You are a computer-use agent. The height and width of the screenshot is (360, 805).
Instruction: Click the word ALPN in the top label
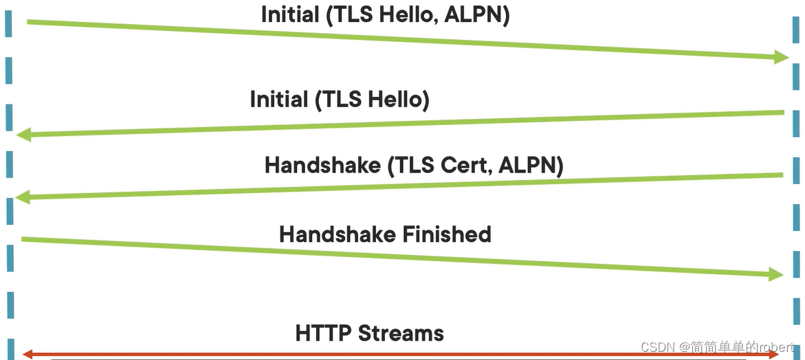[474, 15]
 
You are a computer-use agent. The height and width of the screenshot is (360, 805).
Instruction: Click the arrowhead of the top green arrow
[782, 58]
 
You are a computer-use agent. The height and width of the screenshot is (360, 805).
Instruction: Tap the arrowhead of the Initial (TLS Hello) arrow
[23, 134]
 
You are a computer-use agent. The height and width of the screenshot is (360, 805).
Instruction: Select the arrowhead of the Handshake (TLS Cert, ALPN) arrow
[22, 198]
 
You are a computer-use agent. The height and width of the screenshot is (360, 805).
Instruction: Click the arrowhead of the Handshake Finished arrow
[777, 275]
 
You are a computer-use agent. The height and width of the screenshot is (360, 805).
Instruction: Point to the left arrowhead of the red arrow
[26, 355]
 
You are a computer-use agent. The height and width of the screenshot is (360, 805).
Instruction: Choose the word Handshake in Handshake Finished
[327, 234]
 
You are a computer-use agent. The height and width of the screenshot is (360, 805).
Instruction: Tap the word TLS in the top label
[351, 15]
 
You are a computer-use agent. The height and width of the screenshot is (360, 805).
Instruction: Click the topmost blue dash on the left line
[9, 24]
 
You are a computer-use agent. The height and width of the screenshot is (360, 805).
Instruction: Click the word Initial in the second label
[278, 100]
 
